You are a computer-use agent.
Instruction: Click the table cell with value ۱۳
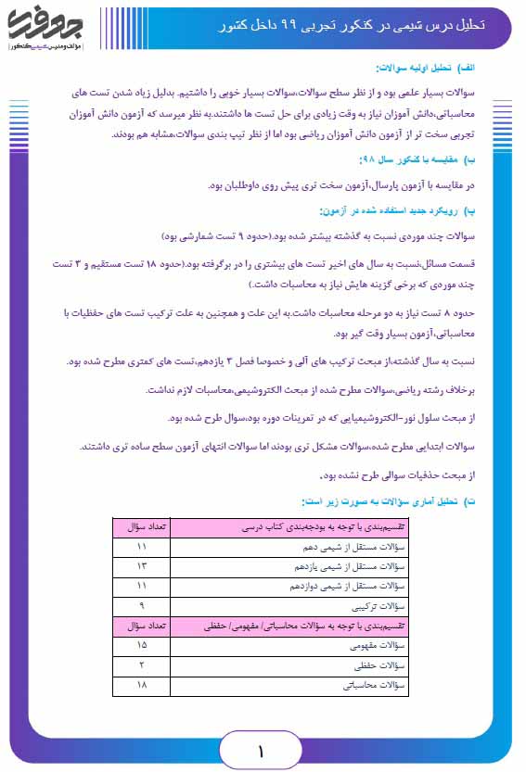[x=142, y=565]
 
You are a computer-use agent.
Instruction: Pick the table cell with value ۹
[x=142, y=606]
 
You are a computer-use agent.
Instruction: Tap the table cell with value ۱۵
[x=142, y=646]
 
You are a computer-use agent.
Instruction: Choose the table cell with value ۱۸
[x=142, y=687]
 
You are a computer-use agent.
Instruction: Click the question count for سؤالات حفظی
[x=142, y=666]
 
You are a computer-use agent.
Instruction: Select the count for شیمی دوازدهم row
[x=142, y=586]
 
